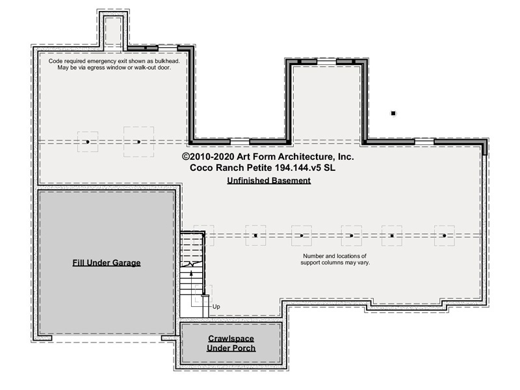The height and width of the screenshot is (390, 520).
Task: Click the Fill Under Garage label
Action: (107, 263)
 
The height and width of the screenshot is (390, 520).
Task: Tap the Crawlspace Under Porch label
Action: (231, 343)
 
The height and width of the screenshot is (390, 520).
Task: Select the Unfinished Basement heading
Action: (269, 181)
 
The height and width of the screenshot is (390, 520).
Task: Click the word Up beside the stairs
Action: (216, 307)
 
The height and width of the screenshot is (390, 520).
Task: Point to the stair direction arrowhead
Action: (191, 273)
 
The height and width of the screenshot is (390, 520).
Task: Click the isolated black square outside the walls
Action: (393, 113)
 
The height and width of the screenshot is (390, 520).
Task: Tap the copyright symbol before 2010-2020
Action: (186, 157)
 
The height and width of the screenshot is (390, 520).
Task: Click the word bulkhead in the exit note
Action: (167, 61)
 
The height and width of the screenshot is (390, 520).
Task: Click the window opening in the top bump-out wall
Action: (327, 61)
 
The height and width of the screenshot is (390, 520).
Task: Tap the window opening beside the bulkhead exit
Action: (168, 47)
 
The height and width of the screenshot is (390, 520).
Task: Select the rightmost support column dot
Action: (445, 236)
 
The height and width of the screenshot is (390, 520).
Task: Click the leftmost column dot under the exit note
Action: (88, 142)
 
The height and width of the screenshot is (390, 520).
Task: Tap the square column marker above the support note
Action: (392, 236)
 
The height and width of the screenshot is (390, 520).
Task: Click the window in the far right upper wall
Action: (424, 142)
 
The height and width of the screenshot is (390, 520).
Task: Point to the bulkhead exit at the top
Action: (113, 31)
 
